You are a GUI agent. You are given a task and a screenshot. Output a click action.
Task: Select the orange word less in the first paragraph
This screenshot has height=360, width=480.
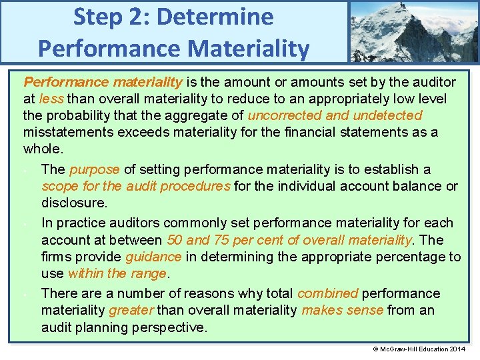[51, 99]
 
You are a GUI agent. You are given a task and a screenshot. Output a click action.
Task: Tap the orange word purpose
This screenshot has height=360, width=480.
[94, 169]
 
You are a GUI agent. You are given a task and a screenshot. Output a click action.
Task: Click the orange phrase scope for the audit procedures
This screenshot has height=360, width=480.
[136, 186]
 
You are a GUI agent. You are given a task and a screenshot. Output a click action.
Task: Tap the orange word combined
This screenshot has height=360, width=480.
[327, 293]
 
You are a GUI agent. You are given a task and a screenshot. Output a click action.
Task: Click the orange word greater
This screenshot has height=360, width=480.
[131, 310]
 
